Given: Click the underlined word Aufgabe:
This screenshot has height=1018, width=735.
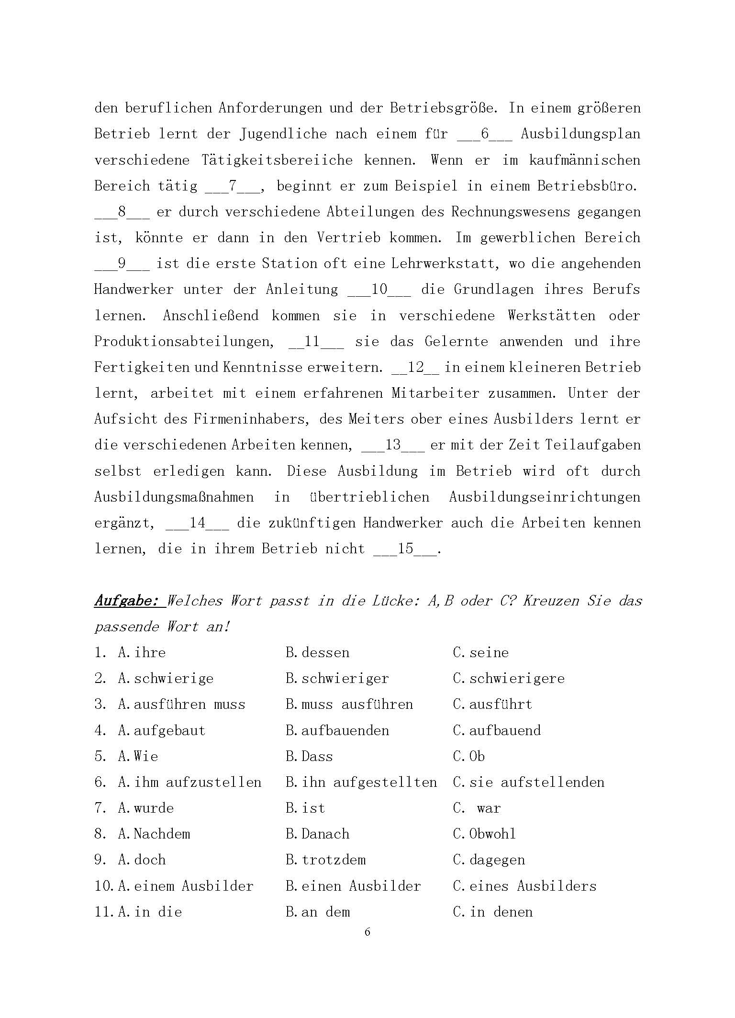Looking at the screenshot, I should coord(126,601).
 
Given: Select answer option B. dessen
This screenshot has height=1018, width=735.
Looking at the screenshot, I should coord(317,653).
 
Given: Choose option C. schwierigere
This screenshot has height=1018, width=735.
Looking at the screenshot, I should coord(509,679).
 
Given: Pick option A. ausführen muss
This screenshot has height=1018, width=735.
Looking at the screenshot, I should coord(181,705).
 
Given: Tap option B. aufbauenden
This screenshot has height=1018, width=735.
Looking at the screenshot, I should coord(337,730).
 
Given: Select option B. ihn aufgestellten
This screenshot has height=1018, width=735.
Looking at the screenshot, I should coord(361,782).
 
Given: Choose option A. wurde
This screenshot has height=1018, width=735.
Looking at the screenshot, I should coord(146,808).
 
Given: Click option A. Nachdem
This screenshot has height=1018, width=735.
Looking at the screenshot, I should coord(154,834).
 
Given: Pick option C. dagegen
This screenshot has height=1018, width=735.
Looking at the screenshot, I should coord(489,860).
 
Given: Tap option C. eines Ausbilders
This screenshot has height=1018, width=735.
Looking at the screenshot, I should coord(525,886).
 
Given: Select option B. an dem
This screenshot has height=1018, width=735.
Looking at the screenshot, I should coord(318,912).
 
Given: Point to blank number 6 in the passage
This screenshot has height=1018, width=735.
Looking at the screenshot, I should coord(485,134).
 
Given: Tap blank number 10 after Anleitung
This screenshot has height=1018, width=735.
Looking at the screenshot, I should coord(379,290).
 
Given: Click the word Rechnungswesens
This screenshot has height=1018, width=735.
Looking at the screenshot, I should coord(511,212).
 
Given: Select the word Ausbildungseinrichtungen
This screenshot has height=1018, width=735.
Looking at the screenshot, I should coord(545,497).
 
